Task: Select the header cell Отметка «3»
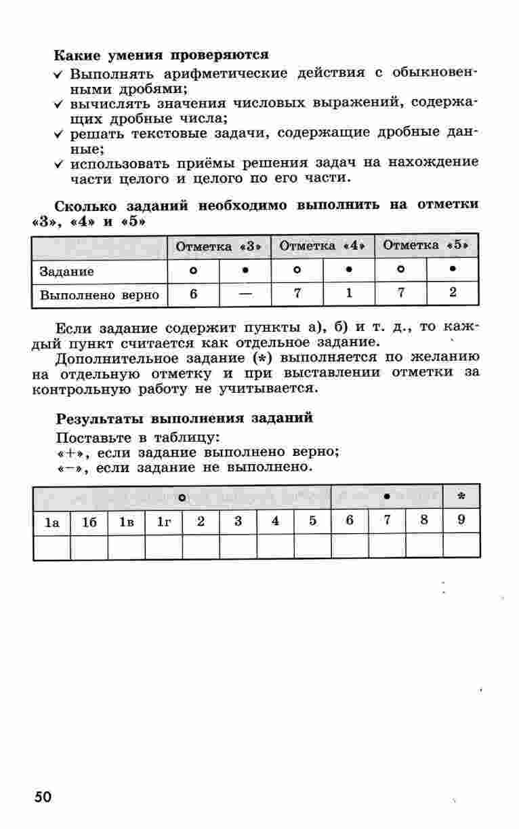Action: tap(218, 246)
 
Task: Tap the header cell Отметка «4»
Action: tap(323, 246)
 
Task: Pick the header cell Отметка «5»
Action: tap(427, 246)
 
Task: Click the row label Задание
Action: tap(66, 271)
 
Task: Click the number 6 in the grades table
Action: tap(193, 294)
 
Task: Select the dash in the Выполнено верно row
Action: tap(245, 294)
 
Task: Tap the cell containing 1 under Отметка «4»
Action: tap(348, 294)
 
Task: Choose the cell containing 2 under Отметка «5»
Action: tap(453, 294)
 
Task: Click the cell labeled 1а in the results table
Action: tap(52, 522)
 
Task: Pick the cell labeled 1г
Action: tap(163, 522)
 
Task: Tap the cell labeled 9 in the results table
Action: tap(461, 522)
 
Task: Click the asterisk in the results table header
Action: tap(461, 497)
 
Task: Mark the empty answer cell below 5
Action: tap(312, 547)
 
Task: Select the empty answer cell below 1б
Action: tap(89, 547)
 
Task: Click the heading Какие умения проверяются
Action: tap(161, 54)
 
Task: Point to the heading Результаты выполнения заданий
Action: tap(184, 418)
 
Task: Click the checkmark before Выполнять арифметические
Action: tap(60, 73)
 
